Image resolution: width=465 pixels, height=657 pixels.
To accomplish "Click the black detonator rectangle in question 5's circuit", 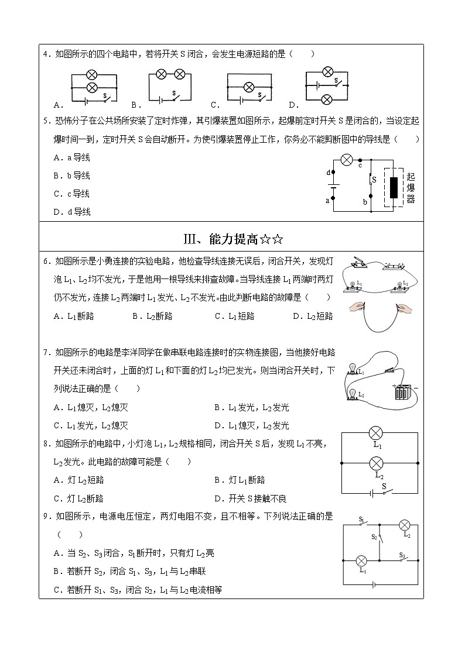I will [x=394, y=187].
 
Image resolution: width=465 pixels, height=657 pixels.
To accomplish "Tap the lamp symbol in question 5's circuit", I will [x=347, y=159].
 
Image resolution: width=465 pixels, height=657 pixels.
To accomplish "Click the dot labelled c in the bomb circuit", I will [x=360, y=159].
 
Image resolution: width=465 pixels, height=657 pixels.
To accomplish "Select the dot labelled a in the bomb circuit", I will [x=334, y=198].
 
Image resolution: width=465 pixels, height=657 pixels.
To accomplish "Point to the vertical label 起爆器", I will [x=411, y=187].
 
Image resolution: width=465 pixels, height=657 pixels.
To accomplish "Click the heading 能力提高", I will [x=233, y=238].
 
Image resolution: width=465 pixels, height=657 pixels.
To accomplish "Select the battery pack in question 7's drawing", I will [x=402, y=391].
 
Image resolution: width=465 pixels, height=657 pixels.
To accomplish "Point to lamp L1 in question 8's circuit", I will [x=376, y=434].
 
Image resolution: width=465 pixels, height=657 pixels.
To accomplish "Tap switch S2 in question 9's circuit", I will [x=379, y=535].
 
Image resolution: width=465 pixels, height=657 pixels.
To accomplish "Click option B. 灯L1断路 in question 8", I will [x=240, y=480].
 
